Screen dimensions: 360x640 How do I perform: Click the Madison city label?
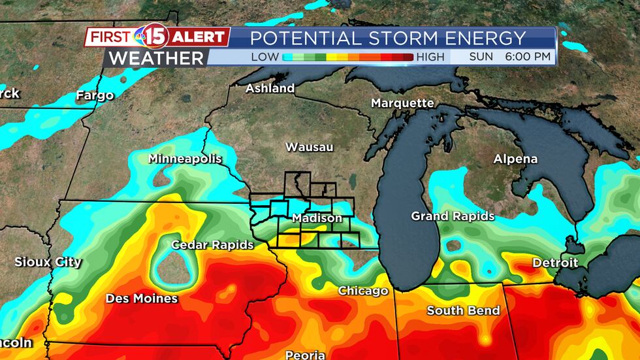(317, 218)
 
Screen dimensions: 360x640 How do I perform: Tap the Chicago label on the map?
(363, 291)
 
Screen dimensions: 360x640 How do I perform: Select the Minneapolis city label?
(185, 159)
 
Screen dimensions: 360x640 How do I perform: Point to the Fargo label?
(95, 95)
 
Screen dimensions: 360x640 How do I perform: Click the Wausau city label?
(309, 148)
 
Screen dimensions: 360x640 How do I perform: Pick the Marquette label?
(402, 103)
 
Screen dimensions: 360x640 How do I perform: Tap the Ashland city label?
(270, 88)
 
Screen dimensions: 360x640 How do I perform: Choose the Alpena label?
(515, 159)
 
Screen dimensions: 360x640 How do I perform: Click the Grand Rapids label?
(453, 216)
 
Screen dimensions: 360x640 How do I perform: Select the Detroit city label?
(555, 263)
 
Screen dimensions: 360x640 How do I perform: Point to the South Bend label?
(463, 310)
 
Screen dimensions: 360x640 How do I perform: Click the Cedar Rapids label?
(212, 245)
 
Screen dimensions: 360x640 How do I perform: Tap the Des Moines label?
(142, 299)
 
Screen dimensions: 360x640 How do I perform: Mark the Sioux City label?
(48, 262)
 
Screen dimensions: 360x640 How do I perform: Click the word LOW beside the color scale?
(265, 57)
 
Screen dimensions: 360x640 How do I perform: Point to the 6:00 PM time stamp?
(528, 57)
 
